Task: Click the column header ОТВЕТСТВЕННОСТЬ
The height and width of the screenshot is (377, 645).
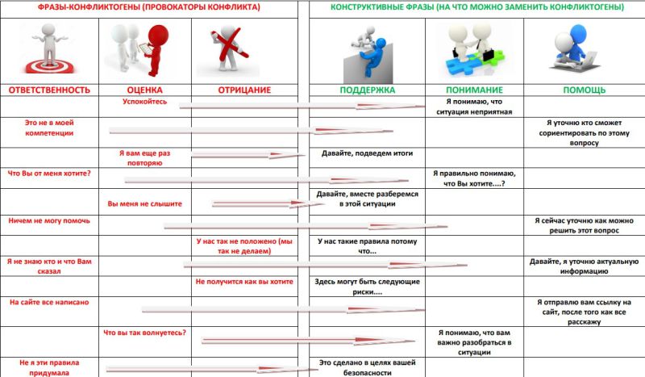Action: (x=48, y=90)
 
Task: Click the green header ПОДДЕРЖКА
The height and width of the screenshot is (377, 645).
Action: (x=366, y=90)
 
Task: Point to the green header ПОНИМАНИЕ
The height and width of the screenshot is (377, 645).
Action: (x=475, y=90)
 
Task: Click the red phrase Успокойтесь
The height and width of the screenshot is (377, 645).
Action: (x=145, y=103)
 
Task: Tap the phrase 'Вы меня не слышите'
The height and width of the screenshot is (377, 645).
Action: (x=145, y=203)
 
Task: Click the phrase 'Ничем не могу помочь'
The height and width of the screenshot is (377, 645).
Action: (x=49, y=220)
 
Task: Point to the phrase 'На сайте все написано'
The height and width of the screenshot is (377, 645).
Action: (x=49, y=302)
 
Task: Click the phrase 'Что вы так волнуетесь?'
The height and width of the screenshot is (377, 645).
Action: (x=145, y=333)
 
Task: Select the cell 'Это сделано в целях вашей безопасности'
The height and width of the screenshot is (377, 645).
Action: (x=366, y=367)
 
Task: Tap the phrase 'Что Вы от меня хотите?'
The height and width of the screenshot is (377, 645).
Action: (x=49, y=173)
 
